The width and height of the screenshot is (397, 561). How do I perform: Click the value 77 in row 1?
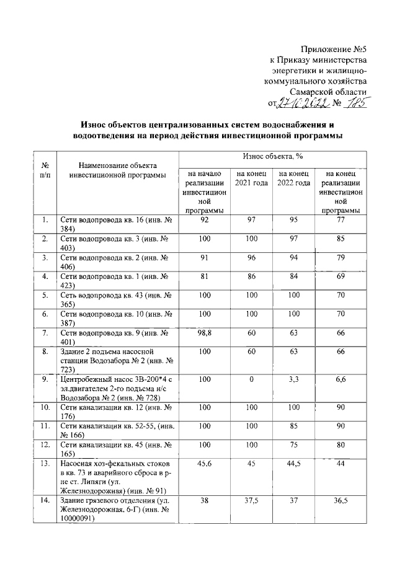point(339,219)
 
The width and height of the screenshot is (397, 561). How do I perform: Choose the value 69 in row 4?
point(339,276)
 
